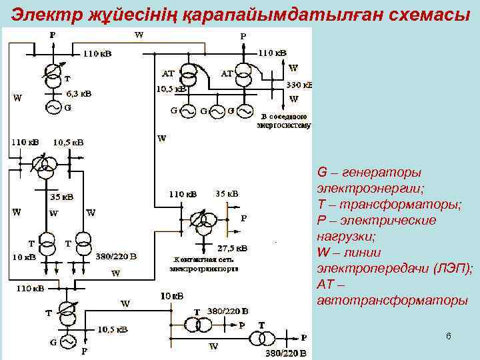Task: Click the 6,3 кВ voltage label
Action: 78,94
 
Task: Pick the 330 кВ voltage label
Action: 299,85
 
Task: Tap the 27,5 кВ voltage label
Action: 233,248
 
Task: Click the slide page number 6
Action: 449,337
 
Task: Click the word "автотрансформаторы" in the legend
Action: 393,300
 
